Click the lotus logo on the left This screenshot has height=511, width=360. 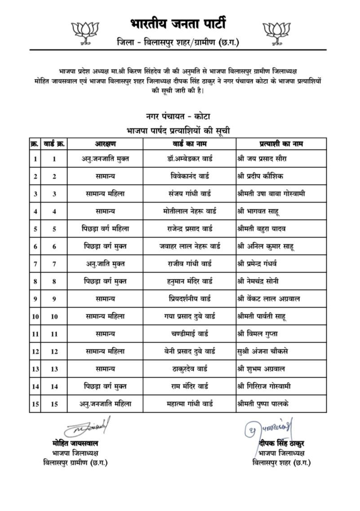(85, 31)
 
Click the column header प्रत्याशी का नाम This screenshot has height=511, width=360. (281, 144)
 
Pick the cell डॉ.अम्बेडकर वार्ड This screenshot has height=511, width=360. (189, 159)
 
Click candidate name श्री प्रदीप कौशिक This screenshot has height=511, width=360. (261, 176)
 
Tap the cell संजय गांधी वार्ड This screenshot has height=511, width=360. (189, 194)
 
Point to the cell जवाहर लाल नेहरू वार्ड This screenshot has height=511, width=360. (190, 246)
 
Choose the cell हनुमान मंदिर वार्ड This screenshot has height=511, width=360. (189, 281)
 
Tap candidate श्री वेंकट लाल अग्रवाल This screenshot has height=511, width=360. (269, 299)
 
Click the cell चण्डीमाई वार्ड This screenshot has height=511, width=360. (189, 334)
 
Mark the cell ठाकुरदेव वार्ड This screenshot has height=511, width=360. (189, 369)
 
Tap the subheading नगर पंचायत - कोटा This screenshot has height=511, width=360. (179, 117)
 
